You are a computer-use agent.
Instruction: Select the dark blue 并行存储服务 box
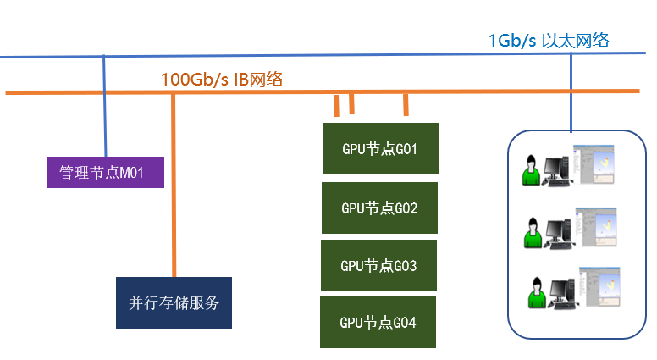(174, 302)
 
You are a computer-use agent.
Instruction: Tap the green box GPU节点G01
(380, 149)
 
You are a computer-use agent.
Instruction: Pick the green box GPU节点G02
(379, 208)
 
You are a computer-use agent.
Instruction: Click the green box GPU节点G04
(378, 322)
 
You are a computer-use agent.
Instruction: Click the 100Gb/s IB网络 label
(222, 80)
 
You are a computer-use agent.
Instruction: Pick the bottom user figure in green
(535, 292)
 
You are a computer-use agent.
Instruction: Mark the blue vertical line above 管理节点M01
(105, 106)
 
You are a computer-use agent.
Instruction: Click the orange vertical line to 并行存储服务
(174, 186)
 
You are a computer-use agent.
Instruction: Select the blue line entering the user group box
(570, 93)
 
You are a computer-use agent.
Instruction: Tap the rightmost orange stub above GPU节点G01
(406, 104)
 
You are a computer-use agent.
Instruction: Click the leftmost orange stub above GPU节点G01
(337, 105)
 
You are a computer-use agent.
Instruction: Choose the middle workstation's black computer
(559, 230)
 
